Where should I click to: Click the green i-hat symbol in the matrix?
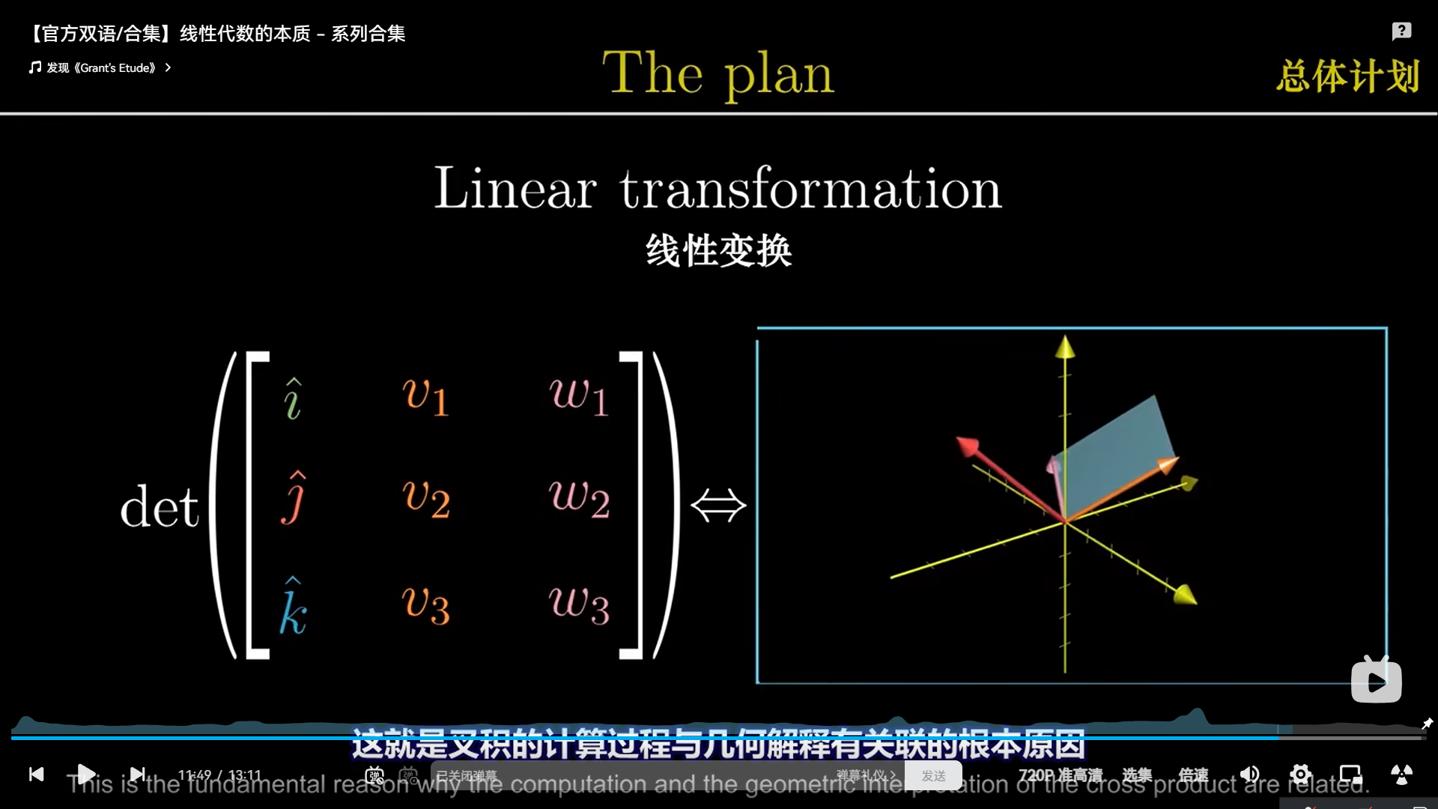click(x=293, y=399)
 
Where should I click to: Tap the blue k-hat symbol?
click(x=293, y=607)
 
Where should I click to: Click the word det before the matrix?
click(x=160, y=507)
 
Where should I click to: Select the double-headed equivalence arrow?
click(x=718, y=506)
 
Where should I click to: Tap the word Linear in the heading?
click(x=515, y=188)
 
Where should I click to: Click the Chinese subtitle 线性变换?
click(x=718, y=250)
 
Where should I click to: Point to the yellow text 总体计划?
click(x=1348, y=76)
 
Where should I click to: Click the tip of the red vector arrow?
click(x=965, y=445)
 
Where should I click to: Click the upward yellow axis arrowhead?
click(x=1065, y=347)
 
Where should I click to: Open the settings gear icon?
click(x=1301, y=775)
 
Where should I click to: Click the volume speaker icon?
click(x=1249, y=775)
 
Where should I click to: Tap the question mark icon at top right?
click(x=1401, y=31)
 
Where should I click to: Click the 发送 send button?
click(x=933, y=775)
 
